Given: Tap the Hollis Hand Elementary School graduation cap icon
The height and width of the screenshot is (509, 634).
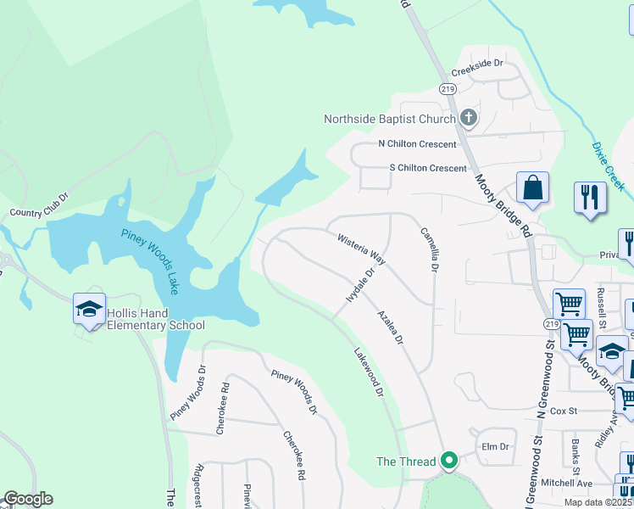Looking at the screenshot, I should click(89, 310).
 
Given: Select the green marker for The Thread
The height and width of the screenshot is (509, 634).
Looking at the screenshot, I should click(450, 461).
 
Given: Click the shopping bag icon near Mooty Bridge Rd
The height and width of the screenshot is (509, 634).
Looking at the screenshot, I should click(532, 188).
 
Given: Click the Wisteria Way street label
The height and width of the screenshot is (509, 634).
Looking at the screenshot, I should click(361, 250).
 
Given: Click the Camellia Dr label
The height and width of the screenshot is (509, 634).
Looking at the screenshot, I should click(428, 249).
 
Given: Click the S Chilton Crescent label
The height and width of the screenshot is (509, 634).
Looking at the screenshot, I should click(427, 168).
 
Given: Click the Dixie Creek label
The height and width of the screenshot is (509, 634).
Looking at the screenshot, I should click(608, 159).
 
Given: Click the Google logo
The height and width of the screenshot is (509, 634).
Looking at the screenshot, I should click(28, 499).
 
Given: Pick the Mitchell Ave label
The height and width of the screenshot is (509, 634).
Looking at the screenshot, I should click(566, 483).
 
